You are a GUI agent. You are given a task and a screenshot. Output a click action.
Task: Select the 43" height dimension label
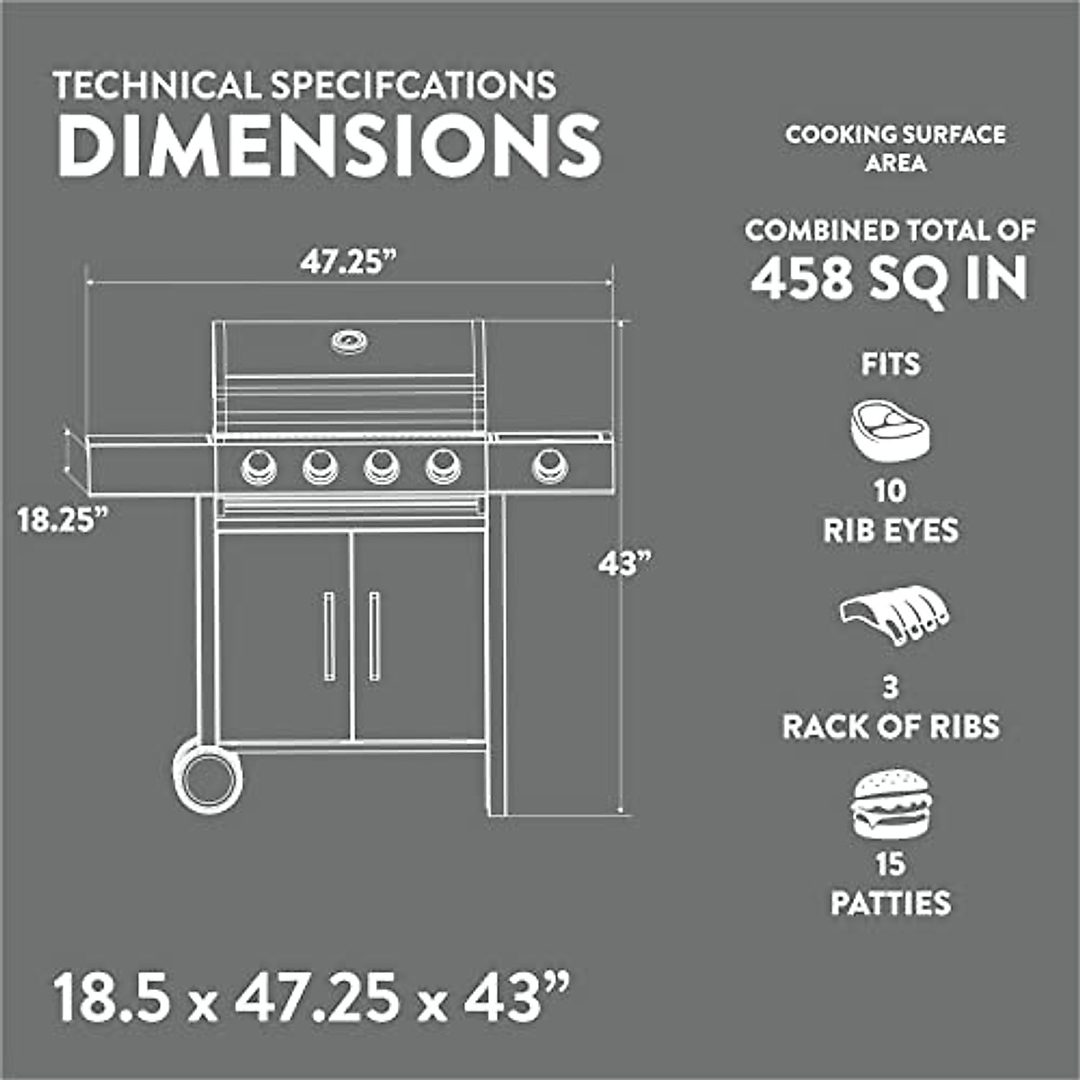624,565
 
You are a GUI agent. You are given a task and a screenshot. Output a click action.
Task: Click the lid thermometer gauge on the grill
348,341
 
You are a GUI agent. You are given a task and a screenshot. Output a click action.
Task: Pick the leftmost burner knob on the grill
256,465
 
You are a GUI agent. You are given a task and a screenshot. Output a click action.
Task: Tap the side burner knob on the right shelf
549,465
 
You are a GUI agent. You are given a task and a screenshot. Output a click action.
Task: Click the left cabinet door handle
328,635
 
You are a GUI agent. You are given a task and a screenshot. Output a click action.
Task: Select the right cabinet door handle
373,635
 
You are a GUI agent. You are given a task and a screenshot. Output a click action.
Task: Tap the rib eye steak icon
890,430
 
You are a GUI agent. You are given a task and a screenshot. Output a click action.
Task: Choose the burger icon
890,805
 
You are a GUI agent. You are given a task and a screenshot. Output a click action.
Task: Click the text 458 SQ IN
889,278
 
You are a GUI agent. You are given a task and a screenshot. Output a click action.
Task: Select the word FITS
890,364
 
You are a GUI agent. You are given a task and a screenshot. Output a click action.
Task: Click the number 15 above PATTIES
889,864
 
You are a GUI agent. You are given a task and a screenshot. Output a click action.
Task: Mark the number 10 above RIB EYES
889,491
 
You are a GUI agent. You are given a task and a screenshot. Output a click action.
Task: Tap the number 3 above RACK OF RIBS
890,688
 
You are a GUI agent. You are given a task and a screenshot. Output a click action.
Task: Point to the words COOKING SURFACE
895,135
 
